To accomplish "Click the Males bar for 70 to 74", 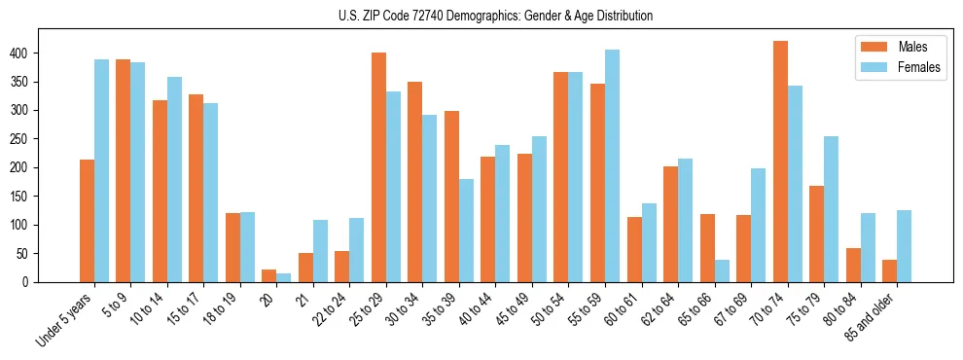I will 780,162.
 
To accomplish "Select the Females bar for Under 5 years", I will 101,170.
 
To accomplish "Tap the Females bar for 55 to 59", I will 612,165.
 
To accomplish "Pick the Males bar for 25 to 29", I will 378,167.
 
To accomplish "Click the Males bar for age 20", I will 269,275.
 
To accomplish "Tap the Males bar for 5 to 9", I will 124,170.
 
